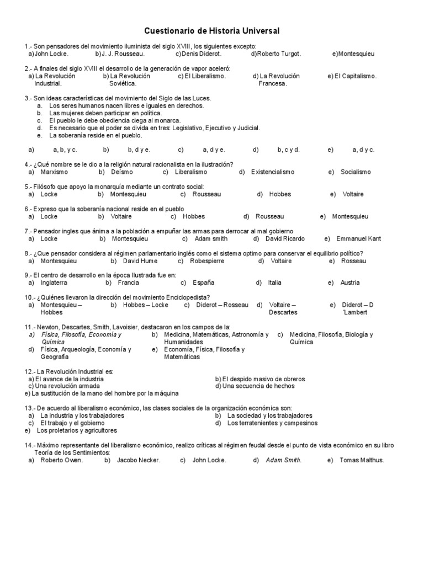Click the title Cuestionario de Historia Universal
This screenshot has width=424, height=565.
[x=212, y=31]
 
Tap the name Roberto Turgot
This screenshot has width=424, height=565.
[x=279, y=54]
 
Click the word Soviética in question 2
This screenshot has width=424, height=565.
[x=123, y=84]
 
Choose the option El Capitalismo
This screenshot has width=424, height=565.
[x=355, y=76]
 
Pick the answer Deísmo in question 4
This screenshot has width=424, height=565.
[x=123, y=172]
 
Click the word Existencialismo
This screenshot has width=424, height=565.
[x=273, y=172]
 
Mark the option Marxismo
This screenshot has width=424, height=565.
[x=54, y=172]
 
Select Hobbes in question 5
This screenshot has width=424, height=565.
[x=280, y=194]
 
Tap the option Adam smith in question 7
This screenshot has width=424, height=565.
[x=210, y=239]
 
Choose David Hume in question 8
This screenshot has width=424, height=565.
[x=140, y=261]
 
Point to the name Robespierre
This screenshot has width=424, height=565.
[x=208, y=261]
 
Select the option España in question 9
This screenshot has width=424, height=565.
[x=203, y=283]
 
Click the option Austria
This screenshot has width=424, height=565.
[x=350, y=283]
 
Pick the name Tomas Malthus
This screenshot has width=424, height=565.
[x=362, y=460]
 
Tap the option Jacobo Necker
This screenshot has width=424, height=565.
[x=139, y=460]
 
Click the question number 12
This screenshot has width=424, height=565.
[x=29, y=372]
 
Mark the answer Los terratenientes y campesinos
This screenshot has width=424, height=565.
[x=273, y=423]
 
